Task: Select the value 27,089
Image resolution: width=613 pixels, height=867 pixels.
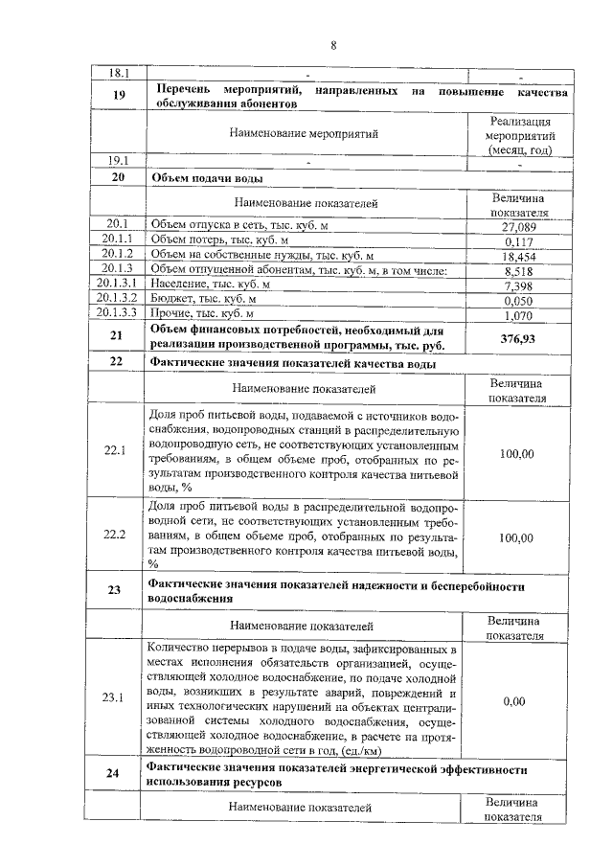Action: (x=518, y=226)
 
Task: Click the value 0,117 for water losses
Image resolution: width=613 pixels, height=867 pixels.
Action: (x=518, y=241)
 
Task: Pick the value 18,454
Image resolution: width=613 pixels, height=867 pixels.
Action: (x=518, y=257)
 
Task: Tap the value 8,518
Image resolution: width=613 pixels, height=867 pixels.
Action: (x=518, y=272)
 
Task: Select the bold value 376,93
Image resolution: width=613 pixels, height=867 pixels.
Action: (x=518, y=338)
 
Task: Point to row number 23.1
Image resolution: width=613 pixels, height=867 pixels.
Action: (x=117, y=696)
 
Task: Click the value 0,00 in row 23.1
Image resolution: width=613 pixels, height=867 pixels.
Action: (x=514, y=701)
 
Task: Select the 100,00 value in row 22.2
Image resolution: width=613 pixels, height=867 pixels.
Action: (x=517, y=537)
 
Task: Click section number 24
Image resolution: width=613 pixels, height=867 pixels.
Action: (x=117, y=775)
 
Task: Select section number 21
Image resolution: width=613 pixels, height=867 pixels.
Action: (x=117, y=335)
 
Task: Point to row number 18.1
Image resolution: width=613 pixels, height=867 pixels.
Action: (x=117, y=73)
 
